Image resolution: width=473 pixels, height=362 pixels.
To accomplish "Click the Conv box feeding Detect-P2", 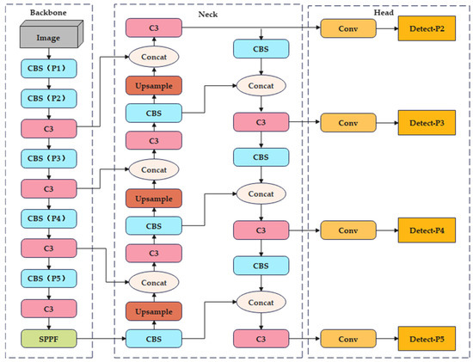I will [347, 30].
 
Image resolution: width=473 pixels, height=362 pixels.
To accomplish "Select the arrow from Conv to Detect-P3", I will [386, 123].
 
